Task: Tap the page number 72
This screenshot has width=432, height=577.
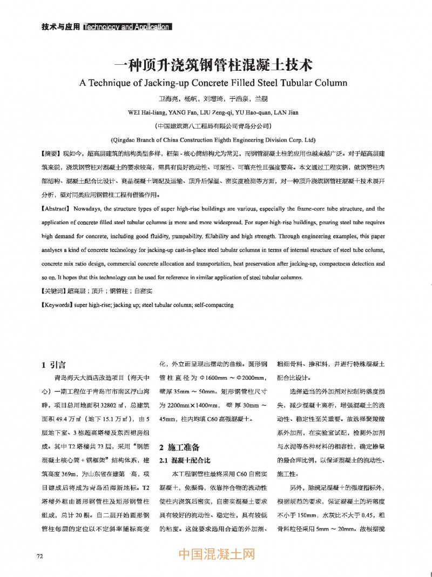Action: coord(39,555)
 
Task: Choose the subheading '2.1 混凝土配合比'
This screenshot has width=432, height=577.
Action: coord(183,460)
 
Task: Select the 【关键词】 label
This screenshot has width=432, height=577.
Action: coord(54,292)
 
